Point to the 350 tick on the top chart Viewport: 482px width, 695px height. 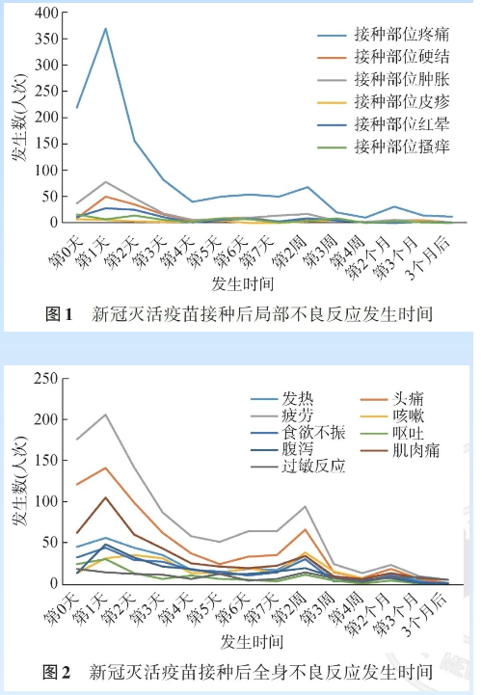[x=47, y=39]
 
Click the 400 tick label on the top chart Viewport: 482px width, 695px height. [x=47, y=13]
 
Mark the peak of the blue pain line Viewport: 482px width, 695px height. [x=105, y=28]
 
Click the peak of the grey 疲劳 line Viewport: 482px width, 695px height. [x=105, y=414]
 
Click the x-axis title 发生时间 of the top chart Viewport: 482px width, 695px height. [x=242, y=283]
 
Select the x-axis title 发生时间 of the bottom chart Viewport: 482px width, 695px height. [x=252, y=642]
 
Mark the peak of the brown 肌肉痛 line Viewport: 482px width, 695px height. [x=105, y=497]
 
